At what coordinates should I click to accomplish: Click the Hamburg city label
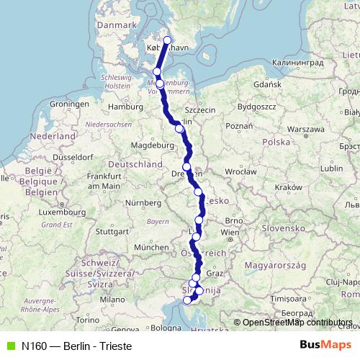121,107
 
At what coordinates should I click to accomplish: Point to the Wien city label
230,233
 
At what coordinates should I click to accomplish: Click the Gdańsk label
267,84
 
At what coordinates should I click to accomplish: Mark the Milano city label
112,299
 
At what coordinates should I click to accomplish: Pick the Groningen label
68,104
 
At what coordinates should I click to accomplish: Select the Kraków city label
287,186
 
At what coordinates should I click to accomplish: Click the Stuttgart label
110,232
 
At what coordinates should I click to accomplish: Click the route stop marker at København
168,40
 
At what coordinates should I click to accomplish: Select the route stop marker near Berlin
179,129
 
